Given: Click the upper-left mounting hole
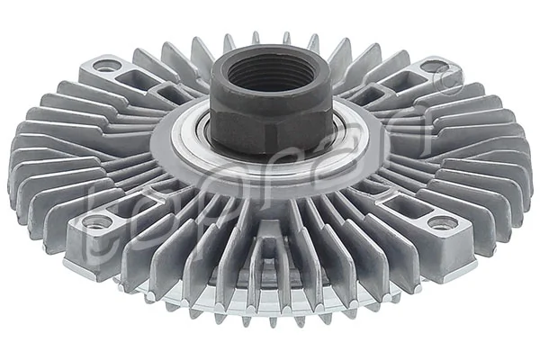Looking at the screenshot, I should (x=106, y=66).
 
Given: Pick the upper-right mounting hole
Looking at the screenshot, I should (x=434, y=66).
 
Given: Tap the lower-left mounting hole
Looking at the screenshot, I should (x=95, y=221).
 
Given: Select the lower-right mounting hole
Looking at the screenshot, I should (x=440, y=223).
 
